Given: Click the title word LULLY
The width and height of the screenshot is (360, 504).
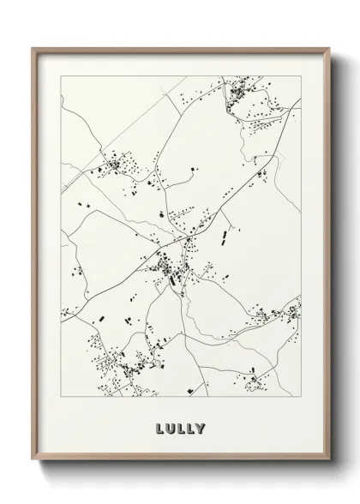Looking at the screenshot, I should (x=181, y=426).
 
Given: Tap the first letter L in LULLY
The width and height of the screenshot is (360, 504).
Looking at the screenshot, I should (x=161, y=426).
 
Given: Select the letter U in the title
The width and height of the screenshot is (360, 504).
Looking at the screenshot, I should (x=171, y=426).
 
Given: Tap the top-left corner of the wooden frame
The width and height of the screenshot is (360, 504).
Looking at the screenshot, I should (x=33, y=48).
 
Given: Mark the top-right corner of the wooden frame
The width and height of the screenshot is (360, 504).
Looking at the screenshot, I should (x=327, y=48).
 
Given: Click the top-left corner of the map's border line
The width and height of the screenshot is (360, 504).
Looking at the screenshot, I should (x=61, y=75).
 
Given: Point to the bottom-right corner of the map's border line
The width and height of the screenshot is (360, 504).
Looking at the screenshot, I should (x=301, y=395).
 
